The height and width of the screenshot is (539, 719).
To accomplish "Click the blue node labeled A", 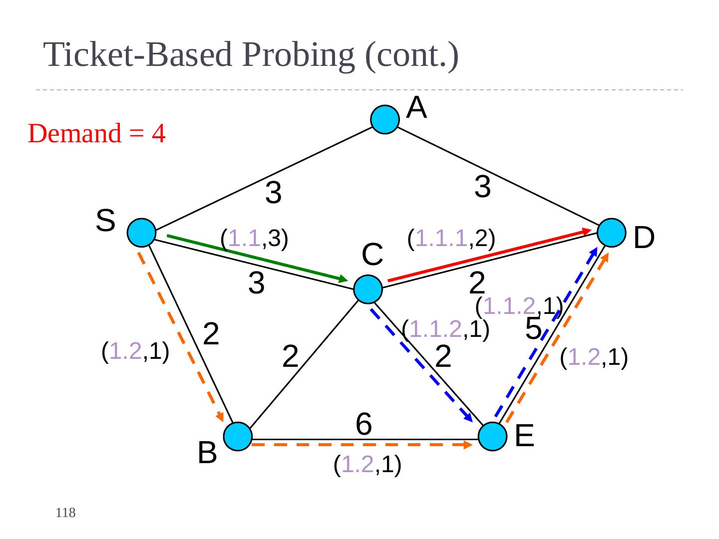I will click(x=385, y=120).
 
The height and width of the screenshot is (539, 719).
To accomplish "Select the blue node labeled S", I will click(x=141, y=233).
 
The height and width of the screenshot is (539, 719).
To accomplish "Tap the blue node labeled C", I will click(x=368, y=289).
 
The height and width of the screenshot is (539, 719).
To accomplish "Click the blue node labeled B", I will click(x=237, y=437).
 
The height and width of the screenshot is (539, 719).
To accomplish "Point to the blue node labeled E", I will click(x=492, y=437).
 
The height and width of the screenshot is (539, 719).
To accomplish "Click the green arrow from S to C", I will click(x=257, y=258).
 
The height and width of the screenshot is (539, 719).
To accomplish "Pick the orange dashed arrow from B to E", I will click(x=362, y=444).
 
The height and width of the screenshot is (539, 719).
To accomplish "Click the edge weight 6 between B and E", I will click(x=364, y=424).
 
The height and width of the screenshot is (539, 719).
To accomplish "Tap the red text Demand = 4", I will click(x=96, y=134).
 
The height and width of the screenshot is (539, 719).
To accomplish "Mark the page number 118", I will click(x=65, y=513).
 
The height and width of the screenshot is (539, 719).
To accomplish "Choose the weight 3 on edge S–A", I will click(x=274, y=193).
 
